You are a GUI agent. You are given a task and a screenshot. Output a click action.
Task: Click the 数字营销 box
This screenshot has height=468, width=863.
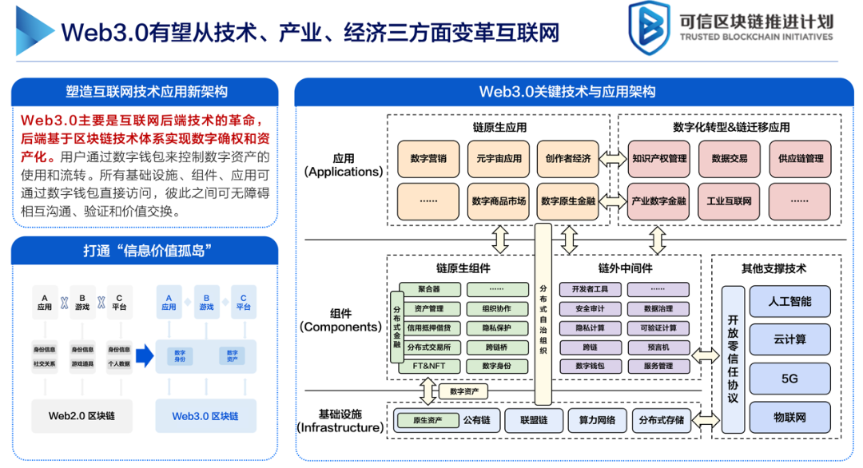coord(428,159)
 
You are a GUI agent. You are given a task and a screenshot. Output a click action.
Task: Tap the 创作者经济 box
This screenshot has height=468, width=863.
coord(568,159)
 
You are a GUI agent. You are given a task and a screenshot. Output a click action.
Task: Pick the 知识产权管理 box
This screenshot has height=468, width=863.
coord(659,159)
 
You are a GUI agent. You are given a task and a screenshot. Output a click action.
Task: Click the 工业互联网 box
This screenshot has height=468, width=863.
coord(730,201)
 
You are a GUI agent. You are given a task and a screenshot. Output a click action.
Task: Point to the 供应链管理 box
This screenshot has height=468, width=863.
coord(800,159)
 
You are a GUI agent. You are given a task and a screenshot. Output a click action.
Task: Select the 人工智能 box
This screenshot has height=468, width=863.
coord(789,302)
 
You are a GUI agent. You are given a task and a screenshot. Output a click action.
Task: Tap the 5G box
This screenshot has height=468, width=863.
coord(789,379)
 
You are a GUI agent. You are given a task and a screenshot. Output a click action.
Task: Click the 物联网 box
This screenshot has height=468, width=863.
coord(789,418)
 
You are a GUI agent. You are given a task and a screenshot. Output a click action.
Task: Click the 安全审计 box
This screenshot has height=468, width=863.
coord(590,308)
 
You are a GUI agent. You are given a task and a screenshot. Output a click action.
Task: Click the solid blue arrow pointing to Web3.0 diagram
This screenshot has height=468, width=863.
coord(144,355)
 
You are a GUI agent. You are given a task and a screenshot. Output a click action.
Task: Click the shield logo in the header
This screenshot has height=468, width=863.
coord(648,30)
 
